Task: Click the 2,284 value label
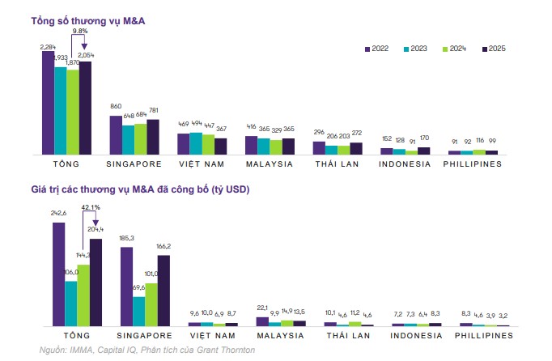click(48, 47)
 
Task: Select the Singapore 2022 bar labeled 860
click(116, 134)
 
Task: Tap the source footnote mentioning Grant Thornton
click(146, 350)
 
